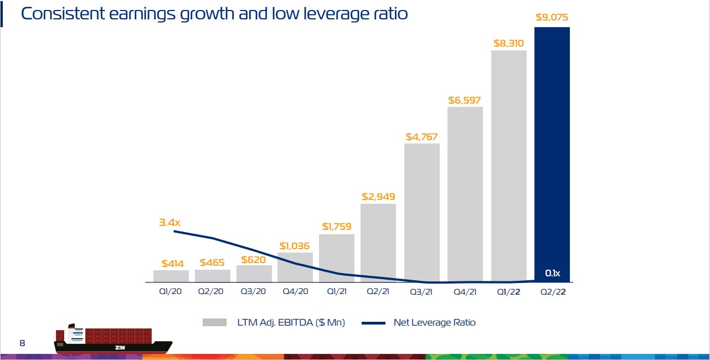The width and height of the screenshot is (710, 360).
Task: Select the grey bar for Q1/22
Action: pos(508,166)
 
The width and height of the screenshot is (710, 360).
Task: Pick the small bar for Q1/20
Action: pos(171,276)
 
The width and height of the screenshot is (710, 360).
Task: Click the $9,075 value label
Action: pos(552,17)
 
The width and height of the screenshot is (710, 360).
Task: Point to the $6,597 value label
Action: pos(465,100)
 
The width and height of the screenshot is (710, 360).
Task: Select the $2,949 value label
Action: pos(378,197)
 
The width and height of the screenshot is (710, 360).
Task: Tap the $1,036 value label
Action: pos(295,245)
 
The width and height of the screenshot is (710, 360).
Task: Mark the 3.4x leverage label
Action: pos(169,223)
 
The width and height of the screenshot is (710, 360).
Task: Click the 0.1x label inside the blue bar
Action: pos(553,273)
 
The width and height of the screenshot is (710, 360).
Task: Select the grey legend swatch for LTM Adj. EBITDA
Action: pos(215,322)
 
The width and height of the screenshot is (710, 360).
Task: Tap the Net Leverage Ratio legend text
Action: pos(434,322)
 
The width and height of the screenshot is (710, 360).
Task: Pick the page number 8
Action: pos(22,343)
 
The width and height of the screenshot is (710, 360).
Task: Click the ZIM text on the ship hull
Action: pos(120,347)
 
